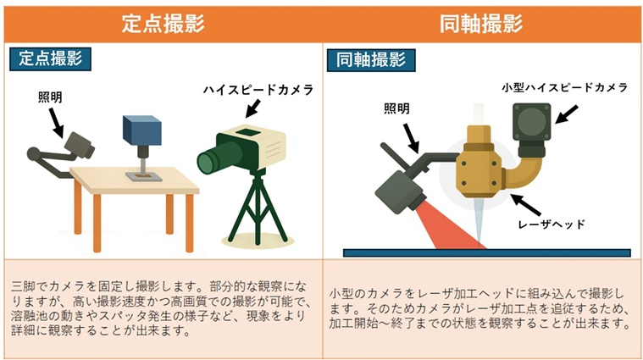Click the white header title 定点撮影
(164, 24)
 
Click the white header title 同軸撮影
(481, 24)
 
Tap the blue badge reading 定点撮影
(51, 59)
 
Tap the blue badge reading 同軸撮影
(371, 60)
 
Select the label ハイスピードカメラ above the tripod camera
(258, 90)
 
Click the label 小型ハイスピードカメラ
(565, 88)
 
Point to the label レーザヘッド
(552, 224)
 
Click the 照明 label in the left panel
(50, 97)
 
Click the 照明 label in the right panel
(396, 108)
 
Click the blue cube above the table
(141, 130)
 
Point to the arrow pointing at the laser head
(526, 205)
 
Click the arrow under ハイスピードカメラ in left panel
(253, 108)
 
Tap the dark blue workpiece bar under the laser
(487, 253)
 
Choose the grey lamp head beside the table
(79, 145)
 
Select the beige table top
(135, 180)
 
